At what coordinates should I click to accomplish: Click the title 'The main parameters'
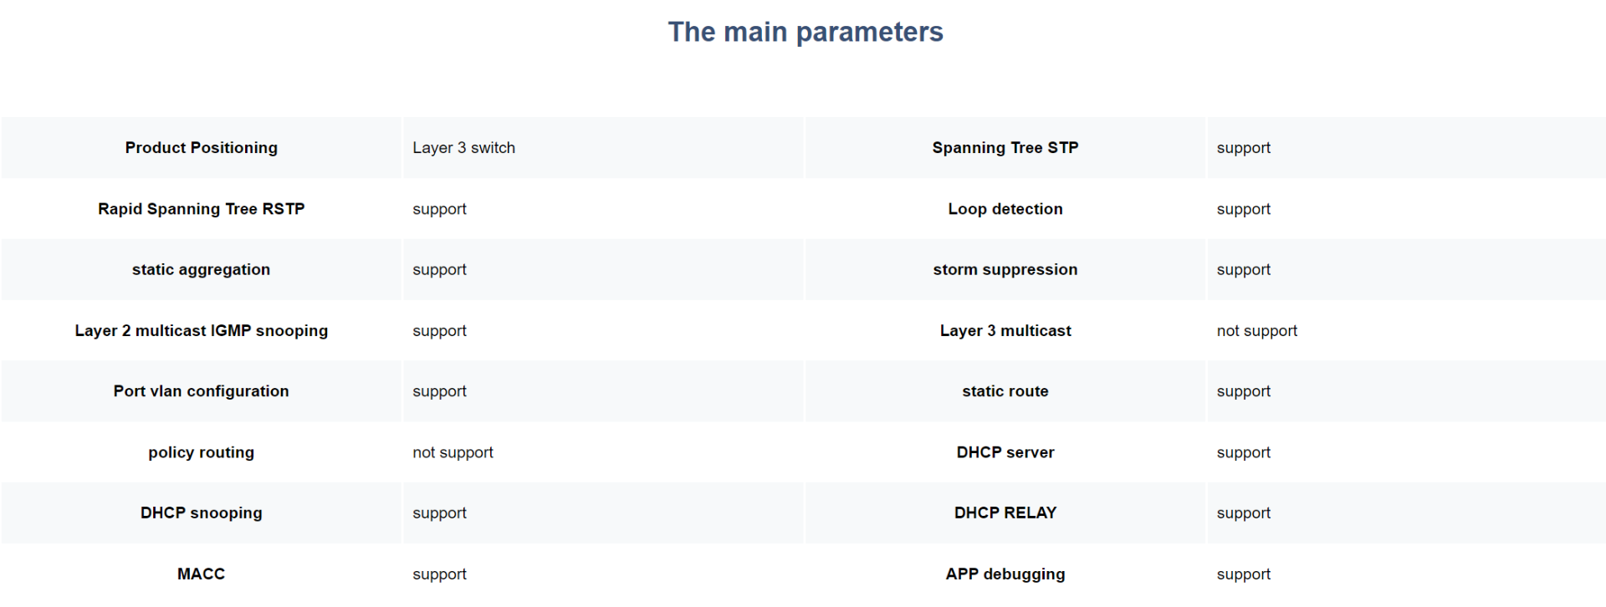point(806,32)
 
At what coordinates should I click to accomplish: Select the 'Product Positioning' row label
point(202,148)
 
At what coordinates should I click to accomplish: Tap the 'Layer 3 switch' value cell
point(463,148)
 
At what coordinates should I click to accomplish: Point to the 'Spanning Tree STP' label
point(1005,148)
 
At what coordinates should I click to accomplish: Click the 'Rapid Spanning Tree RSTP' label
point(202,209)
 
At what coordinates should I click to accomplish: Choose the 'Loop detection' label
point(1005,209)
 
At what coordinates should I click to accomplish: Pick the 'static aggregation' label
point(202,269)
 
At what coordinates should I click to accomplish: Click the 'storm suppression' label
point(1005,269)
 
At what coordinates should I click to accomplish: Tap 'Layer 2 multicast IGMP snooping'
point(202,330)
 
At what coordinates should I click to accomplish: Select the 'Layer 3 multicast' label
point(1005,330)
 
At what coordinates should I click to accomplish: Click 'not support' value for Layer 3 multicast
point(1257,331)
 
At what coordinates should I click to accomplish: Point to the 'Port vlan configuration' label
point(202,391)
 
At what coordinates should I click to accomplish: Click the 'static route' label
point(1005,391)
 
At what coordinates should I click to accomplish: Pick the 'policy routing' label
point(202,452)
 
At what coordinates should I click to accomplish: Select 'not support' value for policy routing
point(453,452)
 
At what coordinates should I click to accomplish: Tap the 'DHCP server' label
point(1005,452)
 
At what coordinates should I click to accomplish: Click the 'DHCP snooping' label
point(202,513)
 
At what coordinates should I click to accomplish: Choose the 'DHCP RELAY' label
point(1005,513)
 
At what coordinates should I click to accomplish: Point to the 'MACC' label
point(202,574)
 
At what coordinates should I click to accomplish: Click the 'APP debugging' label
point(1005,574)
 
